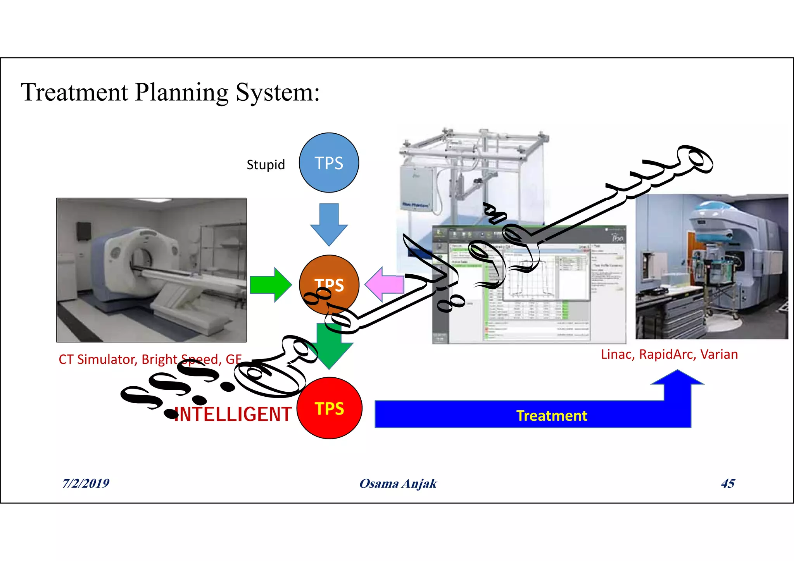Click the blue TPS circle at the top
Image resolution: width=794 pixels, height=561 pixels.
click(x=329, y=163)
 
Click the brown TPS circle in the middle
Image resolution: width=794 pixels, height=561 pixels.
click(x=329, y=285)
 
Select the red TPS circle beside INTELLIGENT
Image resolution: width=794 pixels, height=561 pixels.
click(x=330, y=408)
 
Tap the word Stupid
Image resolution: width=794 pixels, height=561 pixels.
click(x=266, y=165)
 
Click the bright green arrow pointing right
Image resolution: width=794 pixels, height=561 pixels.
click(x=271, y=284)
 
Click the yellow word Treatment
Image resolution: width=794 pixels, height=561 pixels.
click(x=551, y=416)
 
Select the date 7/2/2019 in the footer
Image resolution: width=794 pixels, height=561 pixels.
click(x=86, y=483)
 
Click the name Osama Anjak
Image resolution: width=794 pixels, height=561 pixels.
click(x=398, y=484)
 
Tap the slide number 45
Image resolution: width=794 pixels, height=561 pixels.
click(x=728, y=483)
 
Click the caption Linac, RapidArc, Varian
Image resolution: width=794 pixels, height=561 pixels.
click(x=669, y=354)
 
